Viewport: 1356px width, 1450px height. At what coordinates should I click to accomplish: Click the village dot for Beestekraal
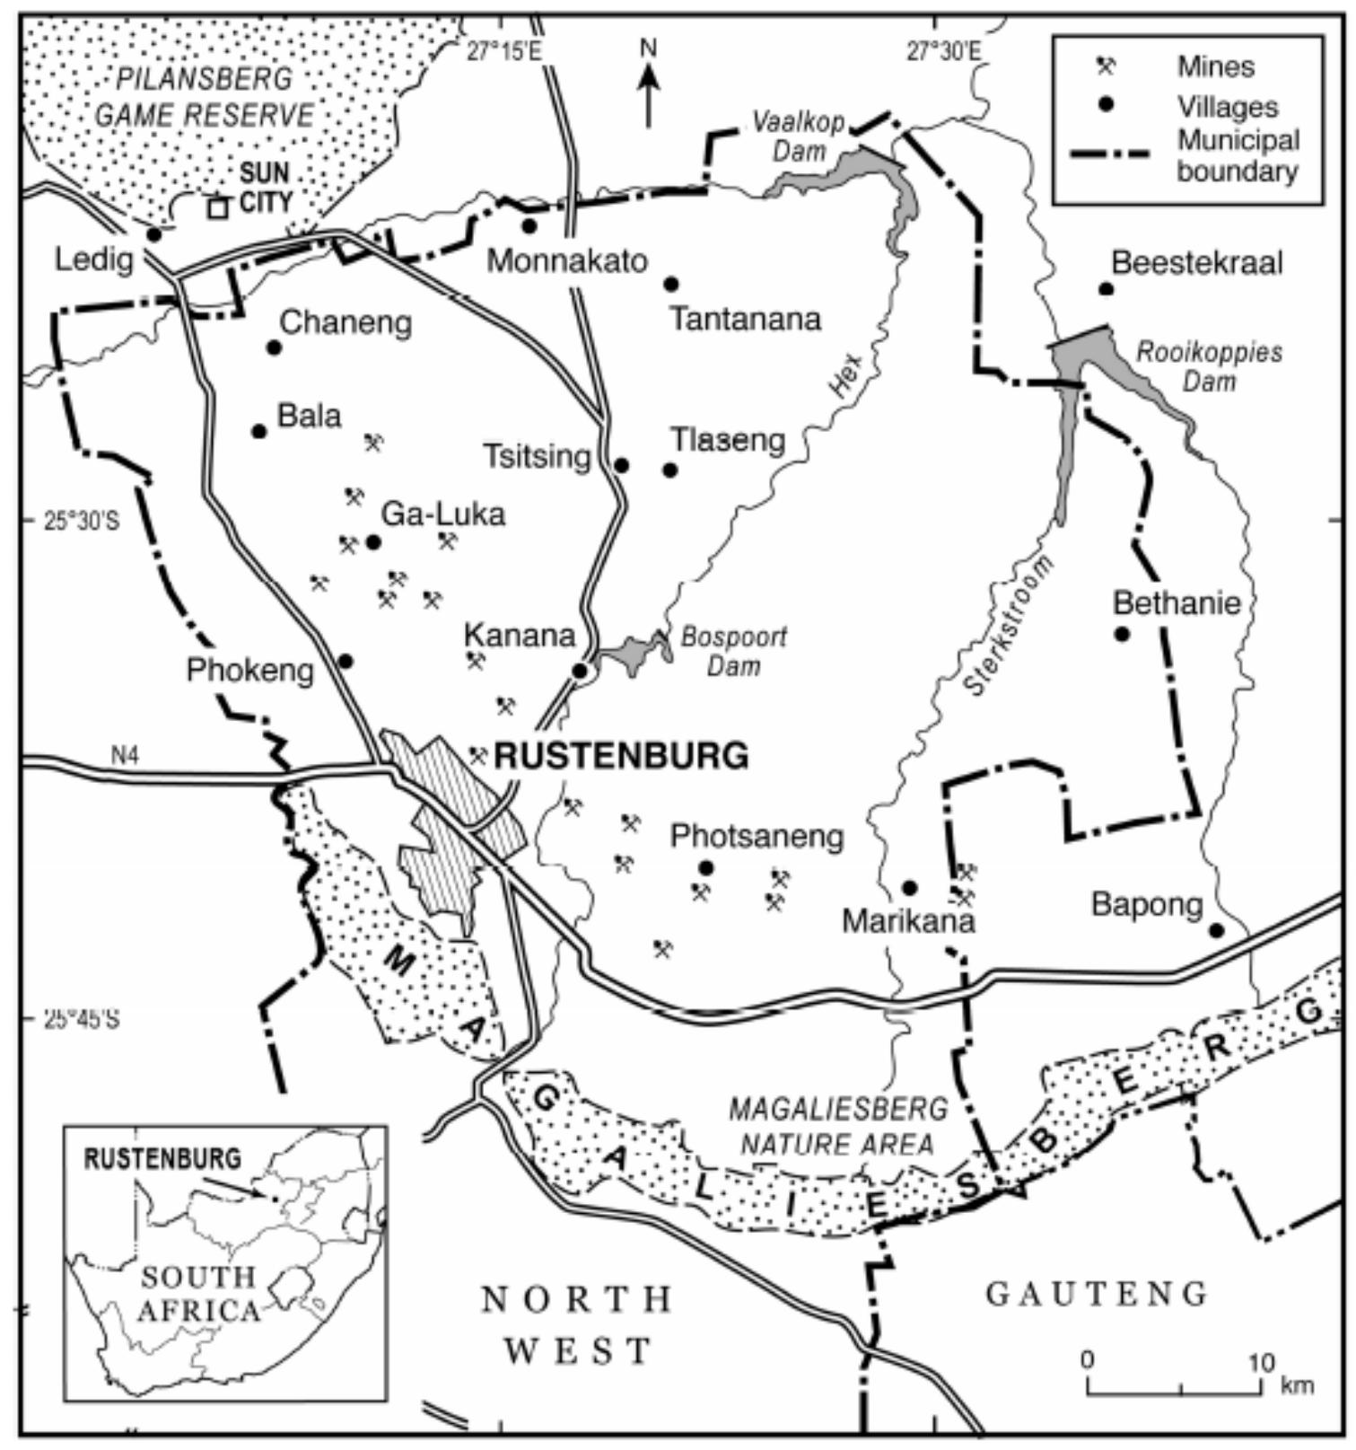coord(1107,289)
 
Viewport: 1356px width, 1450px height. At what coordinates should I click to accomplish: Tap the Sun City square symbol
coord(217,208)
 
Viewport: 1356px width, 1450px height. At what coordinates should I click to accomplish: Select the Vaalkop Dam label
coord(798,136)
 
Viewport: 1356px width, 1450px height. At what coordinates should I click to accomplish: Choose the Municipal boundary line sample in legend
coord(1110,154)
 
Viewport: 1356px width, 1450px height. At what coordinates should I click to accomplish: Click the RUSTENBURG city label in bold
coord(621,756)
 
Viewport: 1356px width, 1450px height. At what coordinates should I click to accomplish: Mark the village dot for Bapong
coord(1216,930)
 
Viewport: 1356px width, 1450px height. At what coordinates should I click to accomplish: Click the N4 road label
coord(125,755)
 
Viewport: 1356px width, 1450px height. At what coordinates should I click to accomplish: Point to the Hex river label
coord(845,375)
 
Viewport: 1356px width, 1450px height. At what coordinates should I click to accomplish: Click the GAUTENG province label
coord(1097,1294)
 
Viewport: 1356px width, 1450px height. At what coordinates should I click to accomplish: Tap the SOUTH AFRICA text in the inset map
coord(198,1294)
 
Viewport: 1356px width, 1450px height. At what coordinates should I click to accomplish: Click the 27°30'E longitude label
coord(942,52)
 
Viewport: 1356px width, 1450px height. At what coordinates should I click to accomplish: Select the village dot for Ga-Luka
coord(374,542)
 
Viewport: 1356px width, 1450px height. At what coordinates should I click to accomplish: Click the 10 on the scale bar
coord(1261,1363)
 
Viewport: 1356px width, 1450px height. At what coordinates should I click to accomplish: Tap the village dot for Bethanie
coord(1122,634)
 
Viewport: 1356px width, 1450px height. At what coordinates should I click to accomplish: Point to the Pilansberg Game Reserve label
coord(205,97)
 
